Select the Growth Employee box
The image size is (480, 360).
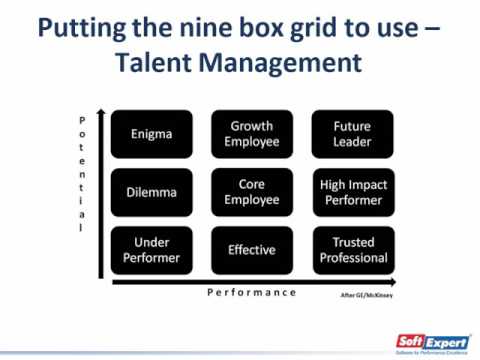coord(252,134)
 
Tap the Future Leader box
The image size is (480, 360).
coord(352,134)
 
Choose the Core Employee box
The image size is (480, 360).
coord(252,192)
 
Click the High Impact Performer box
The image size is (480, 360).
coord(352,192)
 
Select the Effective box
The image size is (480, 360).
coord(252,250)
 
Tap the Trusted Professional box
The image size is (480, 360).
coord(352,250)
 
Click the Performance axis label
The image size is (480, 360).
coord(252,292)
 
